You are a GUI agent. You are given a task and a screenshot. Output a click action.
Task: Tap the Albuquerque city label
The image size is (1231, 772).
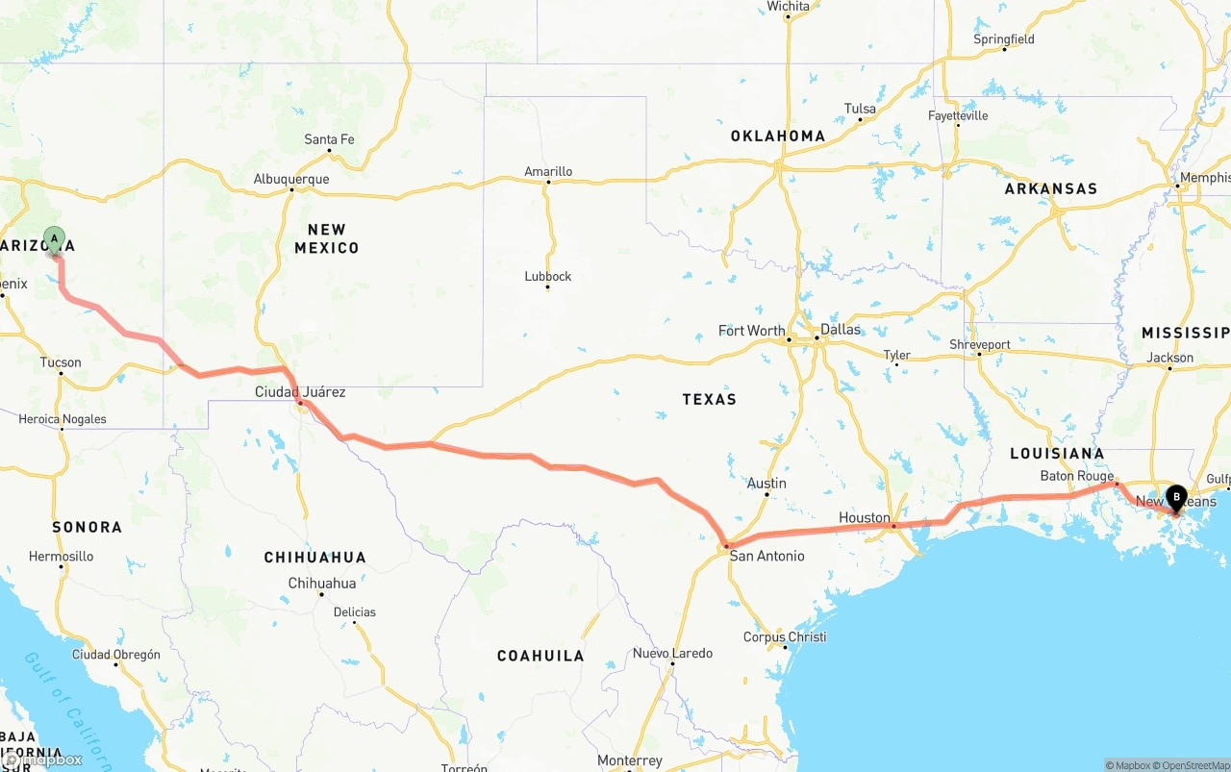(290, 179)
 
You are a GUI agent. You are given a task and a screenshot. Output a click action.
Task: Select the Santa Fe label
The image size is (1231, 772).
(329, 139)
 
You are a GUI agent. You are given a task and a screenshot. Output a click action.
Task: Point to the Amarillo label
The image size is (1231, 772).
(548, 171)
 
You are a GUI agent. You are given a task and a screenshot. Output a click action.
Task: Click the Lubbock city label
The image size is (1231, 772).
(548, 276)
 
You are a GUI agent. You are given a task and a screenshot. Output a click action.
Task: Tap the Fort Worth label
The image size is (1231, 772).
(751, 331)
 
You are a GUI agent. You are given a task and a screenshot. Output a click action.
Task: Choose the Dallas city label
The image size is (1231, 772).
(841, 329)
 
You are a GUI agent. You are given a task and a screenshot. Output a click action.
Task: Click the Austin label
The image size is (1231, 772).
(766, 484)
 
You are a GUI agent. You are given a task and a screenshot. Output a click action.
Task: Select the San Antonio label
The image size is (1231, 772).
(766, 556)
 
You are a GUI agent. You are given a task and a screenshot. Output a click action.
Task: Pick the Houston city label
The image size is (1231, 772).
(865, 517)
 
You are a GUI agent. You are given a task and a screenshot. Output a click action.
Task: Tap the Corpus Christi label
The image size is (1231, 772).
(785, 637)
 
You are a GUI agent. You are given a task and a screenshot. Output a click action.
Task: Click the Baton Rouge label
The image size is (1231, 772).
(1077, 476)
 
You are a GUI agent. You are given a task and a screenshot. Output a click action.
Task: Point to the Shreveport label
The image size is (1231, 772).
(980, 344)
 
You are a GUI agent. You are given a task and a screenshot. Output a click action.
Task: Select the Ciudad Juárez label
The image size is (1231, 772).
(300, 392)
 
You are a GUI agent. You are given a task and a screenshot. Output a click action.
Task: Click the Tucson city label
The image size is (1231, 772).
(61, 362)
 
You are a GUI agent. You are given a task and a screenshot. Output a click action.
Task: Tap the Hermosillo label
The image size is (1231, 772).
(62, 557)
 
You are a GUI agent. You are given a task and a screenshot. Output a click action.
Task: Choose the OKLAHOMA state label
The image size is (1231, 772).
(777, 136)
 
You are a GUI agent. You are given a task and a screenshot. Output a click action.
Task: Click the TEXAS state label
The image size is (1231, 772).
(709, 399)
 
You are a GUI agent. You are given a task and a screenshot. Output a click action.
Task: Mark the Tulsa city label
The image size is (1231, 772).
(860, 109)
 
